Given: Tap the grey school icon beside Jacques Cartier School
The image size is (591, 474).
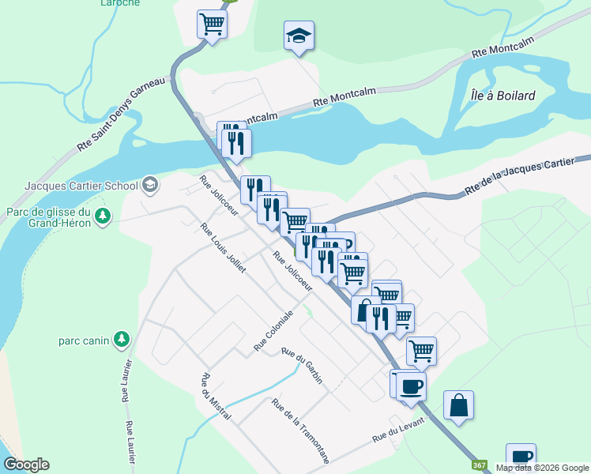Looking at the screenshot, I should (x=149, y=186).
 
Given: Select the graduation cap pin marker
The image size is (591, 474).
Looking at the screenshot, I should (x=299, y=36).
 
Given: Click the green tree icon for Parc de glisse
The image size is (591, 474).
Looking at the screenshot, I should (x=102, y=216).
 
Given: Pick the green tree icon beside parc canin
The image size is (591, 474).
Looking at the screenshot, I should (x=121, y=340).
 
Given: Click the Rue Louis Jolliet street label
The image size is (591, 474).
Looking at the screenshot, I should (x=224, y=247).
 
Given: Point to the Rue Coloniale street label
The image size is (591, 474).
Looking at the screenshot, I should (x=273, y=331).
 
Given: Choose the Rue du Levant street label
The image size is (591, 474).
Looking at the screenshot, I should (x=398, y=428).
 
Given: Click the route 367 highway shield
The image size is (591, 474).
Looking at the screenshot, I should (x=478, y=465).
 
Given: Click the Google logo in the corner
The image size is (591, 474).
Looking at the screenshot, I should (x=26, y=465).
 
